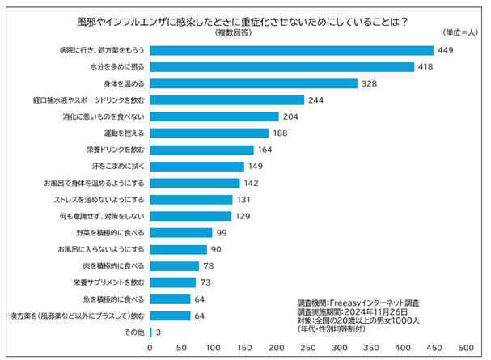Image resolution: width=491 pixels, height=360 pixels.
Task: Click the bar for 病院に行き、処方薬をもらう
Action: coord(291,49)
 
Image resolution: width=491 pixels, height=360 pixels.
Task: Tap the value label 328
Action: coord(370,83)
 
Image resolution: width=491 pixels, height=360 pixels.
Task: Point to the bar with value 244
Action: coord(226,100)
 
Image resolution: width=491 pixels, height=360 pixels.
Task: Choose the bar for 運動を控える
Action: coord(209,133)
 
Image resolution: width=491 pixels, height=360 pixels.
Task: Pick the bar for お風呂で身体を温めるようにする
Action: coord(194,183)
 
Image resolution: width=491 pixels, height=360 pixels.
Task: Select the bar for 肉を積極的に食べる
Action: coord(174,266)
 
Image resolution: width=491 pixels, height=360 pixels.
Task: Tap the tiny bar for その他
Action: coord(150,332)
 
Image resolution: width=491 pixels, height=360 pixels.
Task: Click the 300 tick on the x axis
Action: coord(340,348)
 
